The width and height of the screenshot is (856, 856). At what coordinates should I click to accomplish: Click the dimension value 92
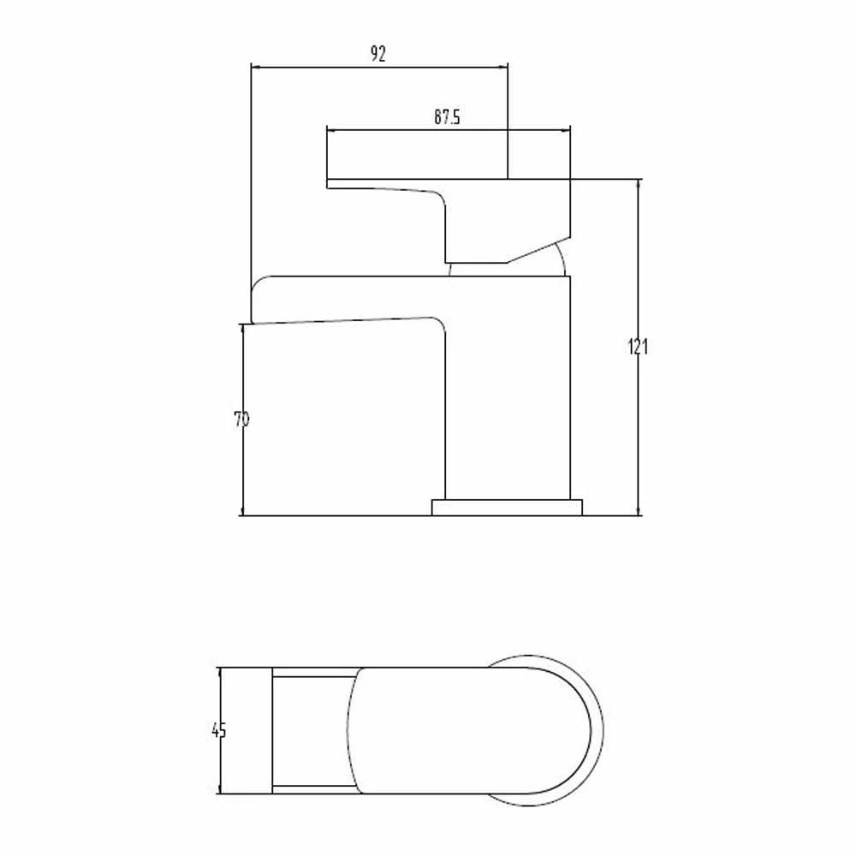378,55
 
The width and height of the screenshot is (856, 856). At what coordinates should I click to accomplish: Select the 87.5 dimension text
447,119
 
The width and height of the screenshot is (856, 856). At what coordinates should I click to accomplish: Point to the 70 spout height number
241,419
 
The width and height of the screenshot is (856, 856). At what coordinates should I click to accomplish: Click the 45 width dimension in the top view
219,730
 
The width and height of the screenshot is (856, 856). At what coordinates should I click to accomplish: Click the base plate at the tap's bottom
507,508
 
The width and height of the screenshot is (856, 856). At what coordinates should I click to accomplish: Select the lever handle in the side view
479,214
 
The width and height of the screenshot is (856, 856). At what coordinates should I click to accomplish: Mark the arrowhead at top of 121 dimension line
638,185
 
